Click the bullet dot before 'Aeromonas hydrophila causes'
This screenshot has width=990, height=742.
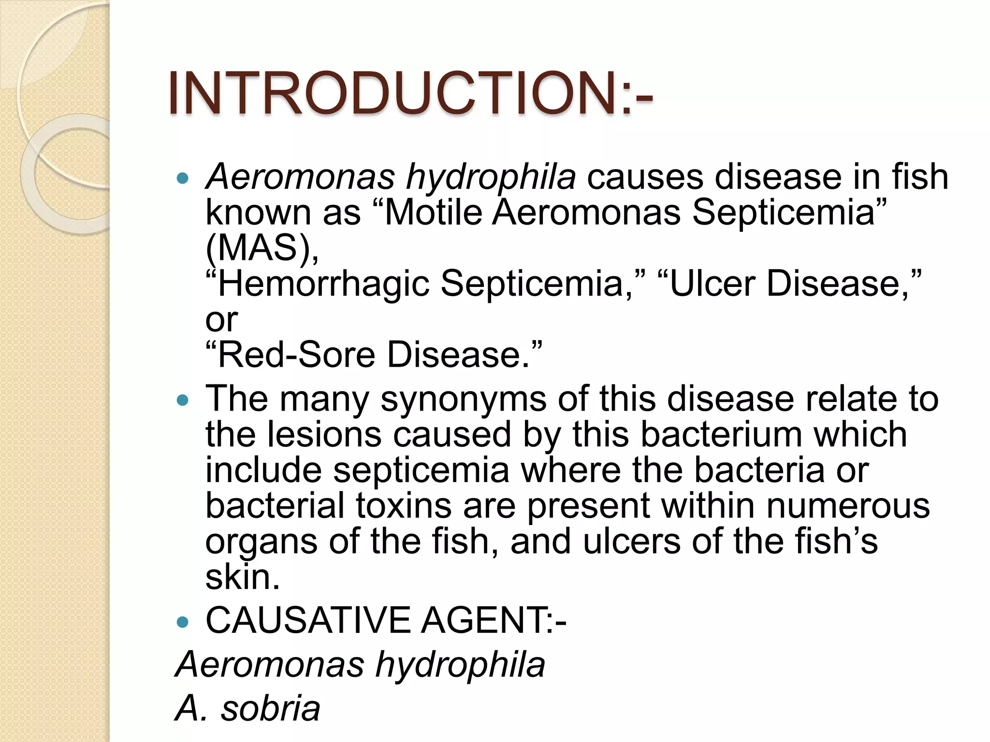point(183,179)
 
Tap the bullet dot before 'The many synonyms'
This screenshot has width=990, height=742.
point(183,400)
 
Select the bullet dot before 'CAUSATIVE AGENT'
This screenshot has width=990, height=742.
point(183,622)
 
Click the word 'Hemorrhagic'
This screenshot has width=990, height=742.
point(324,284)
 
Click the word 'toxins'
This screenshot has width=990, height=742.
point(404,506)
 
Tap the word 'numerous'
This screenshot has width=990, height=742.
point(848,506)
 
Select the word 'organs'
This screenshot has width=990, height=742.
point(261,542)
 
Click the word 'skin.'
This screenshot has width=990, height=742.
point(243,577)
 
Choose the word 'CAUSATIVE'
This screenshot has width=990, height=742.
point(307,621)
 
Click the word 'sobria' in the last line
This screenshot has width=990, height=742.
point(271,709)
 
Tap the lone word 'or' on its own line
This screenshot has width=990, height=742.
point(221,320)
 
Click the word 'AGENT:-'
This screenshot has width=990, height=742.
point(494,621)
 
